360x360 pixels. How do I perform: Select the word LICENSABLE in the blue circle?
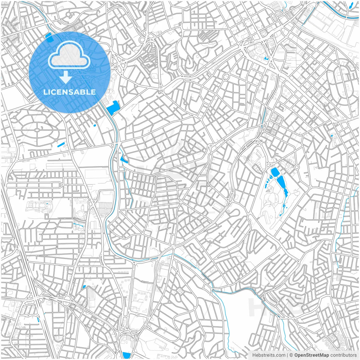[69, 92]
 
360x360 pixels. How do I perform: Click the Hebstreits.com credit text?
[269, 355]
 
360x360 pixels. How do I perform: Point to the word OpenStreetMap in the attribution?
[311, 355]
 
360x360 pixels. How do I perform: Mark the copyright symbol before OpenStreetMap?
[291, 355]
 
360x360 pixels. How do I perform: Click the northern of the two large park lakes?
[274, 172]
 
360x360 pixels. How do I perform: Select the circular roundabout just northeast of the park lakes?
[297, 167]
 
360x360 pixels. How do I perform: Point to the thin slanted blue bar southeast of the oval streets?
[61, 145]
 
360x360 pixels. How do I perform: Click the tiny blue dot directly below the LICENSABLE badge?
[94, 125]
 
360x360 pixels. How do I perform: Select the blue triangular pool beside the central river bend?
[124, 160]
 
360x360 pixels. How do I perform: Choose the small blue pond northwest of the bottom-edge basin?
[84, 287]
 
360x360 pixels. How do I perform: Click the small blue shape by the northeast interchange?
[266, 59]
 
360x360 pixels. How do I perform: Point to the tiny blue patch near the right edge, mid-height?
[332, 136]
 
